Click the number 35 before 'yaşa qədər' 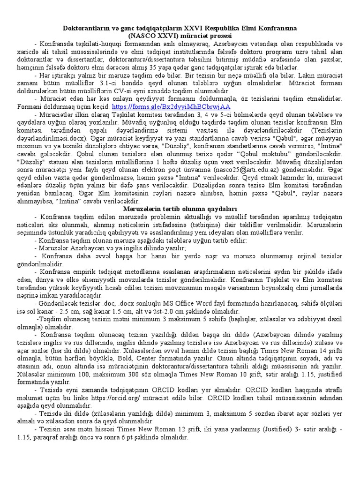point(124,67)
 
